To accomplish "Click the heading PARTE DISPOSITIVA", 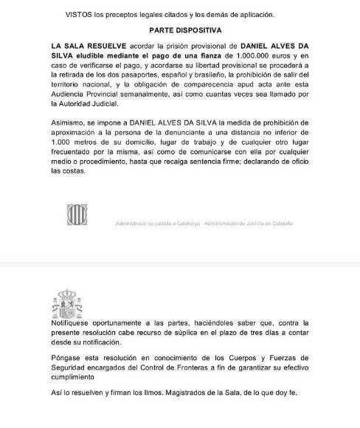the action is click(182, 31).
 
